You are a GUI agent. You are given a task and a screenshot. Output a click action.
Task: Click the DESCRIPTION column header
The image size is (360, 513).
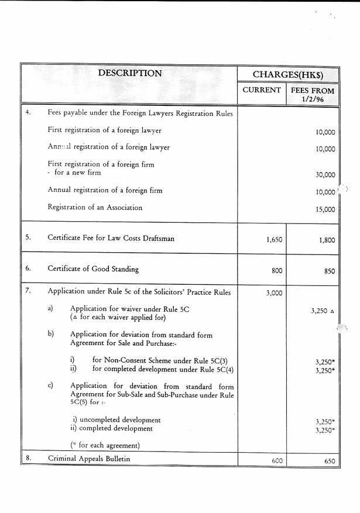tap(129, 74)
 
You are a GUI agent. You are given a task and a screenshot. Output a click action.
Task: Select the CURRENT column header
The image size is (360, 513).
tap(261, 91)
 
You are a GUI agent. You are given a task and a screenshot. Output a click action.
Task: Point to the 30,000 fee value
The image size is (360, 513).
tap(325, 174)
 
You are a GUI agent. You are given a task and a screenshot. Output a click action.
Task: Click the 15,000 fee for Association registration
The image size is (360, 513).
tap(325, 209)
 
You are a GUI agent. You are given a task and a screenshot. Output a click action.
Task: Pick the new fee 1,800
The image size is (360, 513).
tap(325, 239)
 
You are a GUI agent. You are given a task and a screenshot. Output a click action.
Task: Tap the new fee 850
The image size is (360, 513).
tap(328, 271)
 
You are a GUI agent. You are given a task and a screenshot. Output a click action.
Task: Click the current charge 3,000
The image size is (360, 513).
tap(274, 293)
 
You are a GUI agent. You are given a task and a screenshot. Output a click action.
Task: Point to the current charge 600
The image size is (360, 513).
tap(277, 461)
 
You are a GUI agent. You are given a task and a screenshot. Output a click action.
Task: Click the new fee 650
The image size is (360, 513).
tap(329, 461)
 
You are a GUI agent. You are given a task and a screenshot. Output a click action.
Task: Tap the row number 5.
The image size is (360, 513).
tap(28, 237)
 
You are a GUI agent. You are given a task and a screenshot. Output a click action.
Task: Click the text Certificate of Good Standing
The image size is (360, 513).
tap(93, 269)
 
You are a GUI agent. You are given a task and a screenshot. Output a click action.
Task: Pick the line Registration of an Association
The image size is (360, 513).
tap(95, 207)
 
